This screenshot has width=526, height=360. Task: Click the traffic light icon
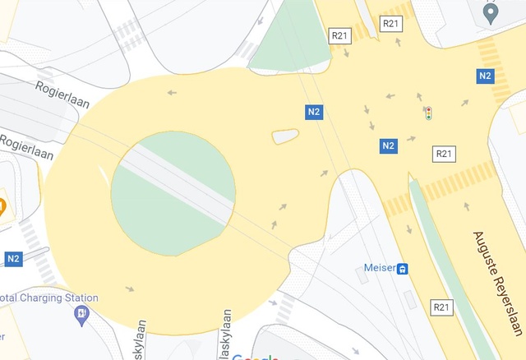click(x=428, y=113)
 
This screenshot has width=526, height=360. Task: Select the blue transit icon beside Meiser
click(x=403, y=269)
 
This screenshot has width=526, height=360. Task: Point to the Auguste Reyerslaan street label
click(x=497, y=283)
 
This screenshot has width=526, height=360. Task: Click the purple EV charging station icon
click(x=81, y=312)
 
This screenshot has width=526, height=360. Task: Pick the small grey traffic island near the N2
click(x=285, y=136)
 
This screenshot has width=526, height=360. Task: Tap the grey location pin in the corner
click(x=491, y=14)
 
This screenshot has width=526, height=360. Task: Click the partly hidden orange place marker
click(x=2, y=206)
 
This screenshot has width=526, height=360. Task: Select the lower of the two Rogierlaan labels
click(x=26, y=148)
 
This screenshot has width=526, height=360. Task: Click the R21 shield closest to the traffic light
click(x=444, y=154)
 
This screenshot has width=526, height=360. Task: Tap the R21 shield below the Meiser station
click(x=442, y=307)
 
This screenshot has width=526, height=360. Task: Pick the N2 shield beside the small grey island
click(x=313, y=112)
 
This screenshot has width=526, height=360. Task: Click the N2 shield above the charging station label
click(x=13, y=259)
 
